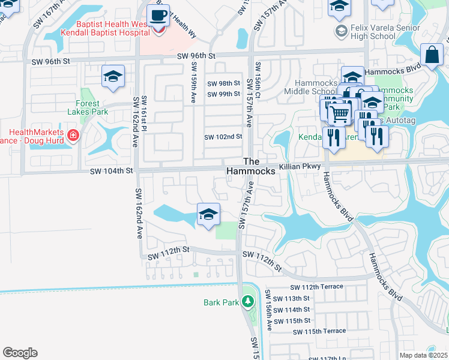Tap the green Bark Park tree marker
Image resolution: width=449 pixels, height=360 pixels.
(247, 301)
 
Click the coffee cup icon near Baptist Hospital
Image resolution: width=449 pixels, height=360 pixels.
(158, 16)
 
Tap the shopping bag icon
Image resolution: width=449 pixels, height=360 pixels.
(432, 56)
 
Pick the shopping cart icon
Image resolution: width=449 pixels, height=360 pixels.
(339, 113)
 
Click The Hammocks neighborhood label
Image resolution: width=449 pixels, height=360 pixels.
(251, 166)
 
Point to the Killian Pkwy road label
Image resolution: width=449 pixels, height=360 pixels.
(301, 166)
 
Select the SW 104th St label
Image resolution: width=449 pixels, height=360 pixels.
(111, 171)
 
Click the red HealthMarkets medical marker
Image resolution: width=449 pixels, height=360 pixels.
(73, 136)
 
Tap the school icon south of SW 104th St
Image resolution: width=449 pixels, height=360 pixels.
(208, 214)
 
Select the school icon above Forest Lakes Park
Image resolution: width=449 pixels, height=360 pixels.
(112, 77)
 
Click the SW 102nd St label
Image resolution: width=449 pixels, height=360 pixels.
(223, 137)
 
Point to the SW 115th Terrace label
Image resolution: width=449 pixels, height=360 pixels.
(319, 331)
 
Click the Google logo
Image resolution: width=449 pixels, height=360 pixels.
(20, 353)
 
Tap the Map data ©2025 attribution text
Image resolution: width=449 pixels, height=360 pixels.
(424, 355)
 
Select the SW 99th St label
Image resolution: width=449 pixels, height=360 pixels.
(223, 94)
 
